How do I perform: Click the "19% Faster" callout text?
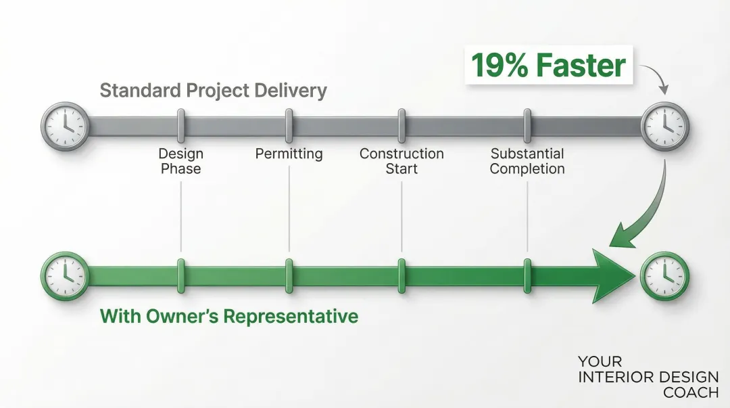(548, 66)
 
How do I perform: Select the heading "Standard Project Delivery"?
(213, 91)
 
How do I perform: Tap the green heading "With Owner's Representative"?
(229, 316)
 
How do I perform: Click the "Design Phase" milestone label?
(180, 161)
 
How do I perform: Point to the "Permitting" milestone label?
(289, 154)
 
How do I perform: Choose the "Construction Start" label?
(401, 161)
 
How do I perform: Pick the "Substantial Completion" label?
(527, 161)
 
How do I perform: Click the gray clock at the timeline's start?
(65, 126)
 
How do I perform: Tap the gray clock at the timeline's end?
(665, 126)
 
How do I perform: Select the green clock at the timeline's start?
(65, 276)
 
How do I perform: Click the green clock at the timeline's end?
(665, 276)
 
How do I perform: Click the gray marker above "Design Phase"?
(180, 126)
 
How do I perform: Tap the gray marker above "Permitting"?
(289, 126)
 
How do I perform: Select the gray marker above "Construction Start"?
(401, 126)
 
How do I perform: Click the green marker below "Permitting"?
(289, 276)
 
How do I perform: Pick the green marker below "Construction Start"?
(401, 276)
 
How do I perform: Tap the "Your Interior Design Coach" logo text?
(648, 377)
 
